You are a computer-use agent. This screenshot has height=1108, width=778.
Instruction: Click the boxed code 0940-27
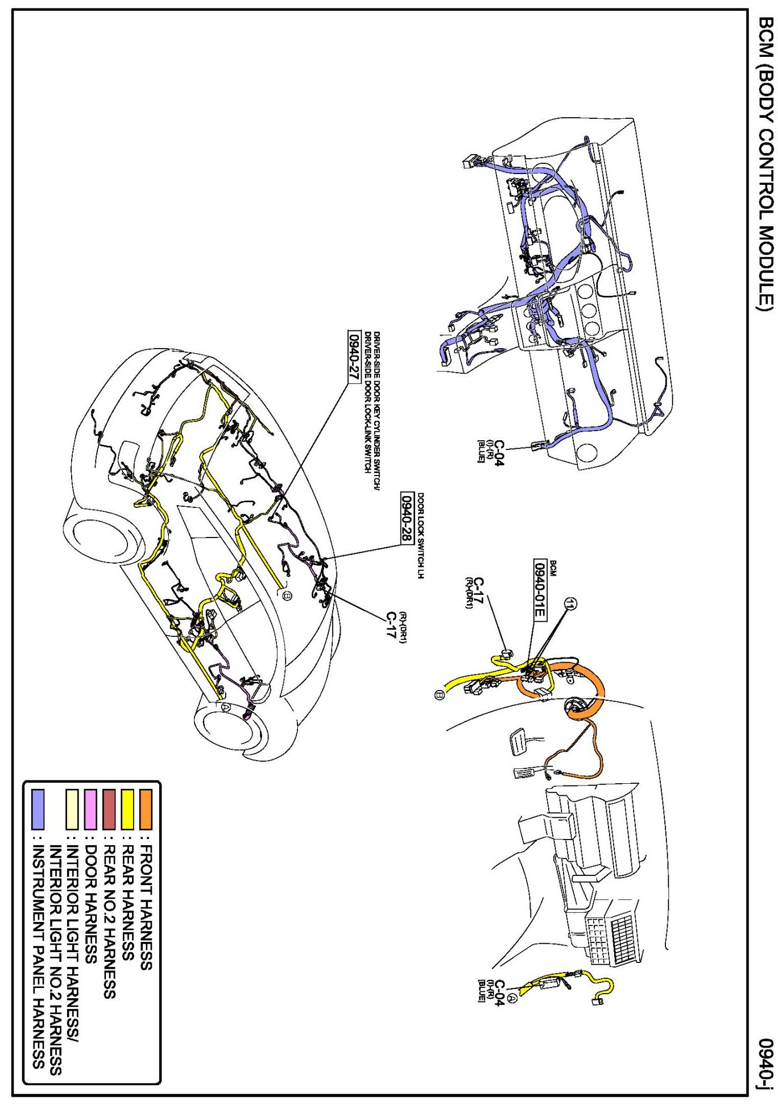[x=354, y=357]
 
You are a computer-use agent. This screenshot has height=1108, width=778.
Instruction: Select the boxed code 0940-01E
[x=540, y=590]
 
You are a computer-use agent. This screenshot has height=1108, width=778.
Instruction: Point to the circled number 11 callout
[x=570, y=604]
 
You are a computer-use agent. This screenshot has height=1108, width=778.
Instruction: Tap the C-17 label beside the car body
[x=391, y=625]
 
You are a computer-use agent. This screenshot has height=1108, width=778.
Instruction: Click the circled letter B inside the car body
[x=287, y=596]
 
